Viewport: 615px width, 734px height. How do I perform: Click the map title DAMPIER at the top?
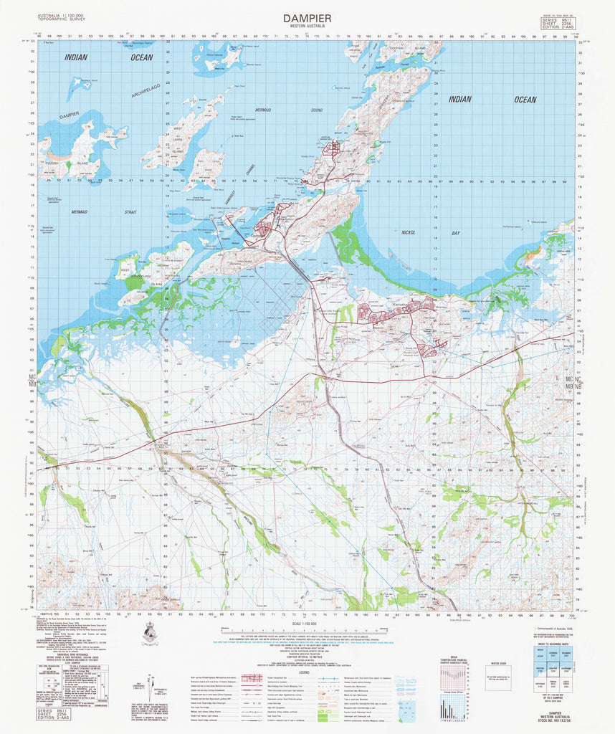click(307, 17)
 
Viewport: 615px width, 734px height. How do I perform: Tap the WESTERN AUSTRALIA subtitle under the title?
click(307, 27)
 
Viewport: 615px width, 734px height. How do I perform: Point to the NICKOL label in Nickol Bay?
click(409, 234)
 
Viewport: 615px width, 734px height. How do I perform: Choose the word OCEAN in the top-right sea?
click(525, 100)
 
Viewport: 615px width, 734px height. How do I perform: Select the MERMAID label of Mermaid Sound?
click(262, 109)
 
